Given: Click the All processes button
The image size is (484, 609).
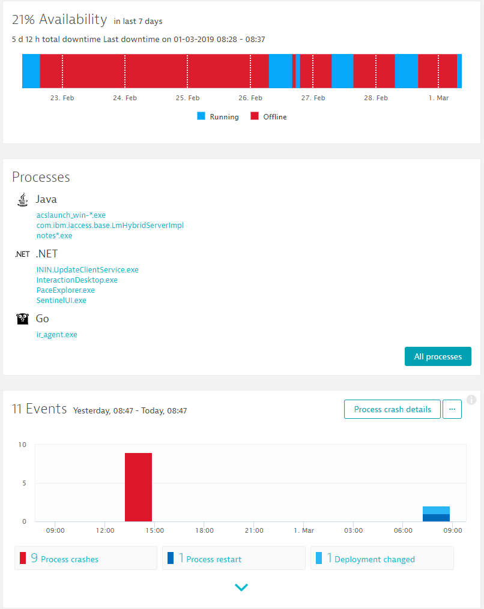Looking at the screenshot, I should click(438, 356).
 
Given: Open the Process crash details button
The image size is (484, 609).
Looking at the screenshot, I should click(392, 409).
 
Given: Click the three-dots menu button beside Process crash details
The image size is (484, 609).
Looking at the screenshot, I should click(452, 409).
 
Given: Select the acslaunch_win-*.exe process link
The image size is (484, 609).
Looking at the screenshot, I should click(71, 215).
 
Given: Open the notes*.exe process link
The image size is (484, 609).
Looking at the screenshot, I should click(54, 235).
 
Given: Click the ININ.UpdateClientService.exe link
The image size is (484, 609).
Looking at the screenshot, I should click(87, 270).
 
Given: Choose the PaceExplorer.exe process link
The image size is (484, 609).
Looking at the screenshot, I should click(65, 290).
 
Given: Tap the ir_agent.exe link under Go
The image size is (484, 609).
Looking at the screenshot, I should click(56, 335).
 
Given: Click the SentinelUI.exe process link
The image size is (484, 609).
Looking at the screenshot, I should click(61, 301).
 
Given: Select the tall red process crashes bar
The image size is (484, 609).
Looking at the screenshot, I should click(138, 487).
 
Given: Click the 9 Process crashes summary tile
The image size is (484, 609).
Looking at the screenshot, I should click(85, 558).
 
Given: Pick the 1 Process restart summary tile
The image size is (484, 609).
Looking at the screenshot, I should click(233, 558).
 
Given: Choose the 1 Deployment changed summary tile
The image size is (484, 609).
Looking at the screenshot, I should click(381, 558).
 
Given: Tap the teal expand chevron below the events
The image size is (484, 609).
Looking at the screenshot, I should click(241, 587).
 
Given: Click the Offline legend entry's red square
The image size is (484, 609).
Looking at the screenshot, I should click(255, 116).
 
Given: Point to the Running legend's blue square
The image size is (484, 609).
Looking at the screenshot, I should click(201, 116).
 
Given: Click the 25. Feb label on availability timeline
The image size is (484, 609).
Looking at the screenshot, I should click(187, 98).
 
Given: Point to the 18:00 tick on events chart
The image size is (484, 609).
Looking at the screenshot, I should click(204, 530).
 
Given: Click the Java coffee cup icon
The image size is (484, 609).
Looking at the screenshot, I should click(23, 199).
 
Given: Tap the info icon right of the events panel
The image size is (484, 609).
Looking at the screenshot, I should click(471, 400).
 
